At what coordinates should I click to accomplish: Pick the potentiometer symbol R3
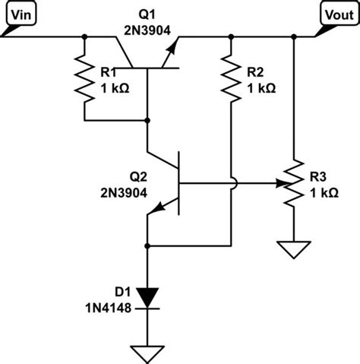(293, 183)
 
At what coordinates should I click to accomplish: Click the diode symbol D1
(148, 298)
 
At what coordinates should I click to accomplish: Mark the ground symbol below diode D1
(148, 352)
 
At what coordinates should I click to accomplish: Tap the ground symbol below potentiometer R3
(293, 248)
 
